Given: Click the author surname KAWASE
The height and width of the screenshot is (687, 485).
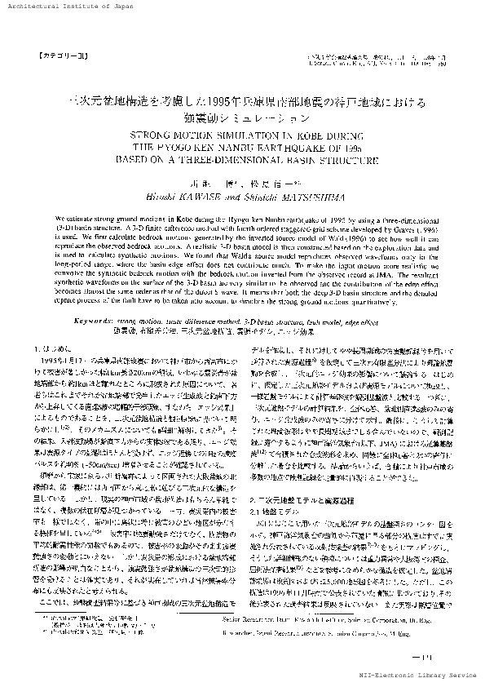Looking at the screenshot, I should click(223, 195).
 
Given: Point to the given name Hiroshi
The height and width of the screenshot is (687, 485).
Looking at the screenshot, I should click(180, 195).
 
